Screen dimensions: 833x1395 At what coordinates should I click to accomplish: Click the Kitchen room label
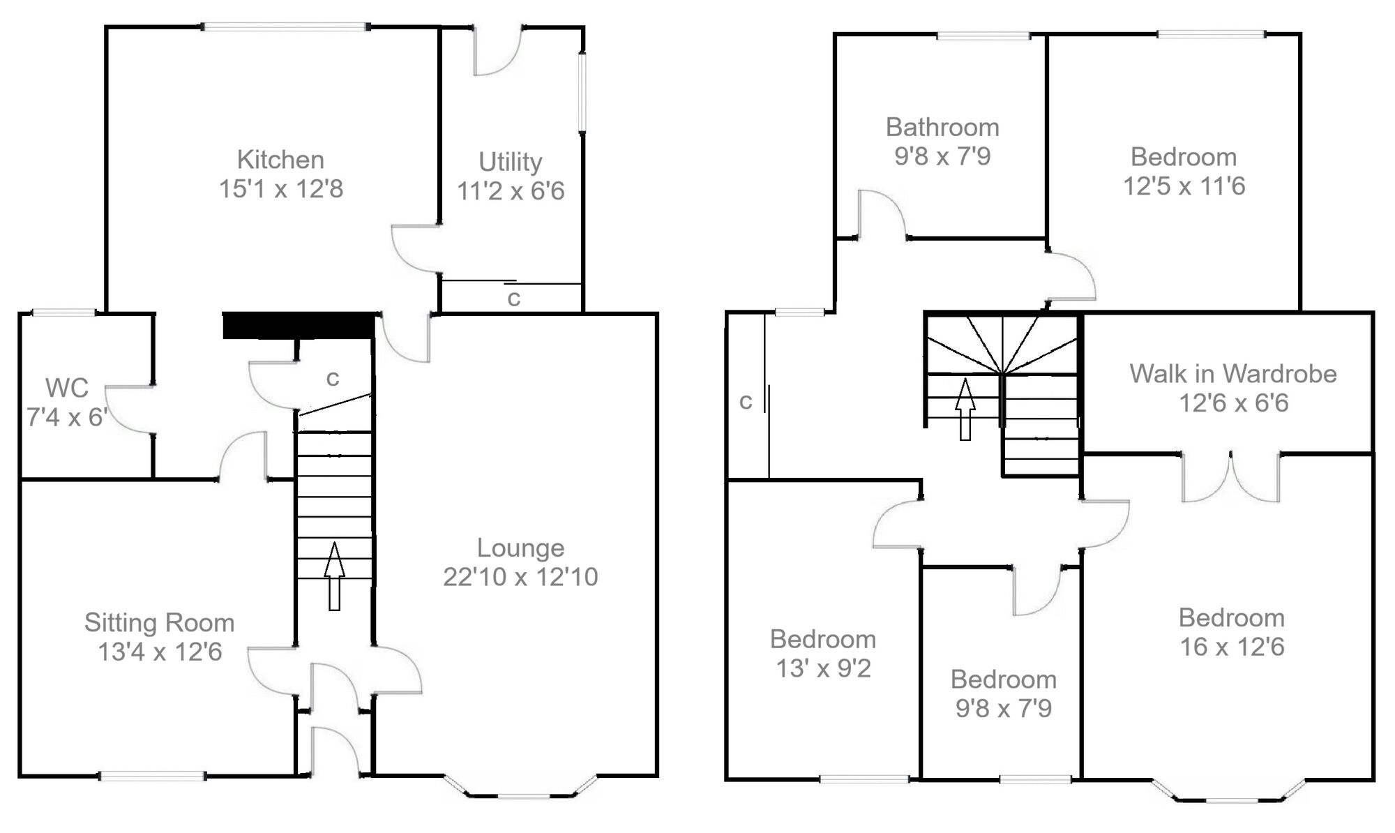[x=280, y=160]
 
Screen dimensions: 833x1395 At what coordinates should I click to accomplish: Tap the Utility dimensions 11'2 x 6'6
[x=511, y=191]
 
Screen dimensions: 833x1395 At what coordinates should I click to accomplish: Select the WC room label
[x=67, y=388]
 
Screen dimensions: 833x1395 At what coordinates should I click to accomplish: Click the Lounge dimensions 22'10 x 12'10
[x=520, y=577]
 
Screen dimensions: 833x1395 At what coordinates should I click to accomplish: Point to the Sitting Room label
[x=159, y=622]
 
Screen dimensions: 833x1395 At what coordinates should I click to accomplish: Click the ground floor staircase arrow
[x=334, y=576]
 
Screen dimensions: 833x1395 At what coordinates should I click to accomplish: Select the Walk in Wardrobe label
[x=1232, y=374]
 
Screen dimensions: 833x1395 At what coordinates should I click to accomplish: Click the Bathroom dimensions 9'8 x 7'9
[x=942, y=156]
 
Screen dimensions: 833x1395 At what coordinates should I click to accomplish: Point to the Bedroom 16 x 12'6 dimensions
[x=1232, y=647]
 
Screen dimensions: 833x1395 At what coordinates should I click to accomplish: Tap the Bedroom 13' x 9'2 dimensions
[x=823, y=669]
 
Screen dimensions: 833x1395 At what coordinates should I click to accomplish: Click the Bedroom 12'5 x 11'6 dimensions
[x=1184, y=186]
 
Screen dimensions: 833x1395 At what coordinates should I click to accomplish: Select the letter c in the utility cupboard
[x=514, y=299]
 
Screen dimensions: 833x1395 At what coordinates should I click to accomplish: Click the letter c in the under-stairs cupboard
[x=333, y=378]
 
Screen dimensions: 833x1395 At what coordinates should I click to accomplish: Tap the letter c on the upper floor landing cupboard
[x=746, y=401]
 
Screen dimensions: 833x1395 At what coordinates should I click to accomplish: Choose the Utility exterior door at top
[x=497, y=50]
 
